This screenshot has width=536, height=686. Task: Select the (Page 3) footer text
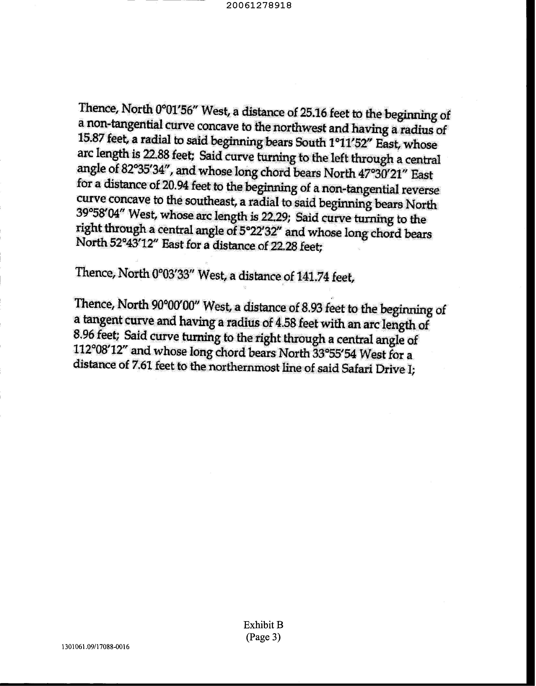point(263,637)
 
